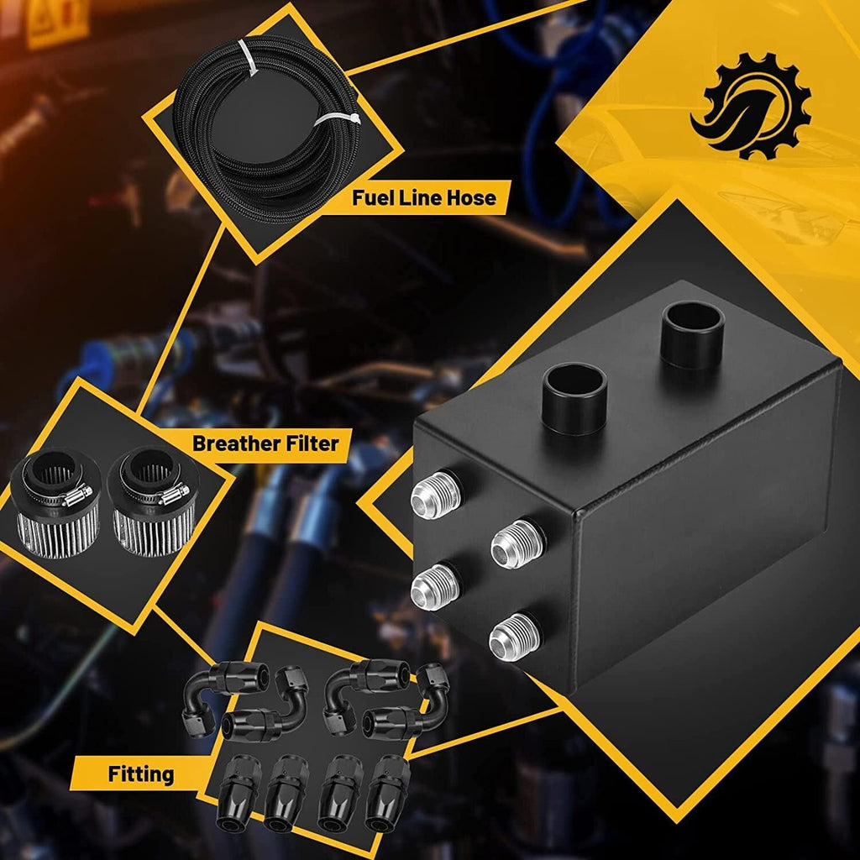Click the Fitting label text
coord(141,774)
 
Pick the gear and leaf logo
coord(751,106)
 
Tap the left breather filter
coord(55,503)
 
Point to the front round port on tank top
coord(574,399)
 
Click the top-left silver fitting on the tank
coord(436,495)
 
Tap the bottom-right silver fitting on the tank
coord(515,637)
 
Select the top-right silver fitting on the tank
coord(517,544)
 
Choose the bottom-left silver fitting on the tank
coord(436,587)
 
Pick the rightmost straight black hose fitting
coord(387,794)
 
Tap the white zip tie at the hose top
coord(249,58)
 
